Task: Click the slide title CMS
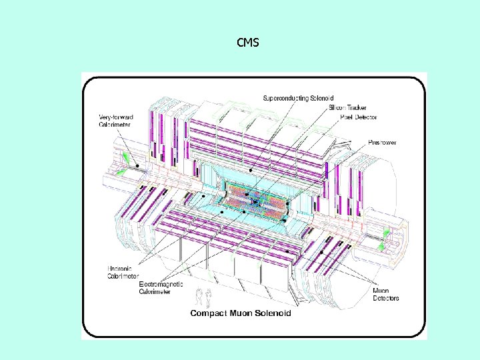click(248, 43)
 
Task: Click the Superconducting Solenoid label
click(298, 99)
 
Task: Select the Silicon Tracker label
click(347, 108)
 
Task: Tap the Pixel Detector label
click(358, 117)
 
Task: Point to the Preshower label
click(383, 143)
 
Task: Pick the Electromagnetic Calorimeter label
click(161, 287)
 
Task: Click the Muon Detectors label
click(385, 294)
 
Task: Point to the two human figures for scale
click(202, 296)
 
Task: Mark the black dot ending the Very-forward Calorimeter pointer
click(138, 165)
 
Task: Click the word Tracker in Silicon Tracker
click(356, 108)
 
